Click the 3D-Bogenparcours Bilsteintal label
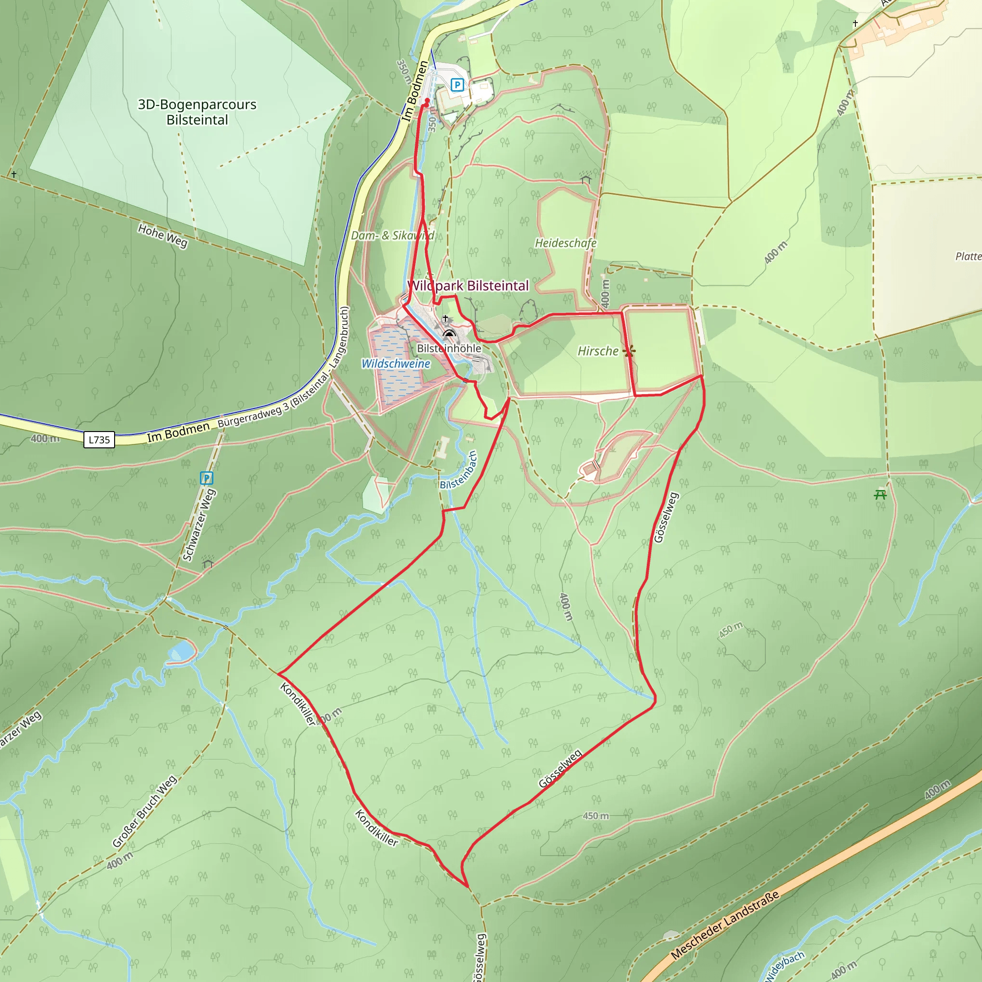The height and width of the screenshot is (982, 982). pyautogui.click(x=197, y=112)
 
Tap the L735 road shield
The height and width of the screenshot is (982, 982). pyautogui.click(x=99, y=440)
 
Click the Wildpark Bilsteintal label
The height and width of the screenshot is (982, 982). pyautogui.click(x=468, y=286)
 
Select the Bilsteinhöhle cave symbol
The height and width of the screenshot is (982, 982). pyautogui.click(x=449, y=333)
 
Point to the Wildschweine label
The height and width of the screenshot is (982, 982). pyautogui.click(x=396, y=363)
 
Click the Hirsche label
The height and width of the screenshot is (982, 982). pyautogui.click(x=598, y=351)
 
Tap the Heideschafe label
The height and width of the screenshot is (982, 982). pyautogui.click(x=565, y=243)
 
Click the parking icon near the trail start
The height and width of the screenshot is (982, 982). pyautogui.click(x=457, y=85)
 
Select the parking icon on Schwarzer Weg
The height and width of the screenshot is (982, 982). pyautogui.click(x=206, y=478)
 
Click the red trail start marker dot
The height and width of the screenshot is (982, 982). pyautogui.click(x=427, y=101)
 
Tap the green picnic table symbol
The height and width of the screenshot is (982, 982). pyautogui.click(x=880, y=494)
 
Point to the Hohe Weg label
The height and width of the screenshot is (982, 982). pyautogui.click(x=163, y=236)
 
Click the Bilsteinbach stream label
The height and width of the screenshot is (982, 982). pyautogui.click(x=458, y=471)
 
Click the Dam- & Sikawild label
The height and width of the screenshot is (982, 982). pyautogui.click(x=392, y=235)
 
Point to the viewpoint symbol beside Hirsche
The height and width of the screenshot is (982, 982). pyautogui.click(x=629, y=351)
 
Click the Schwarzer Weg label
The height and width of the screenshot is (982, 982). pyautogui.click(x=199, y=525)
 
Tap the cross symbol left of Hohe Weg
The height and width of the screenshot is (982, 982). pyautogui.click(x=14, y=175)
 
